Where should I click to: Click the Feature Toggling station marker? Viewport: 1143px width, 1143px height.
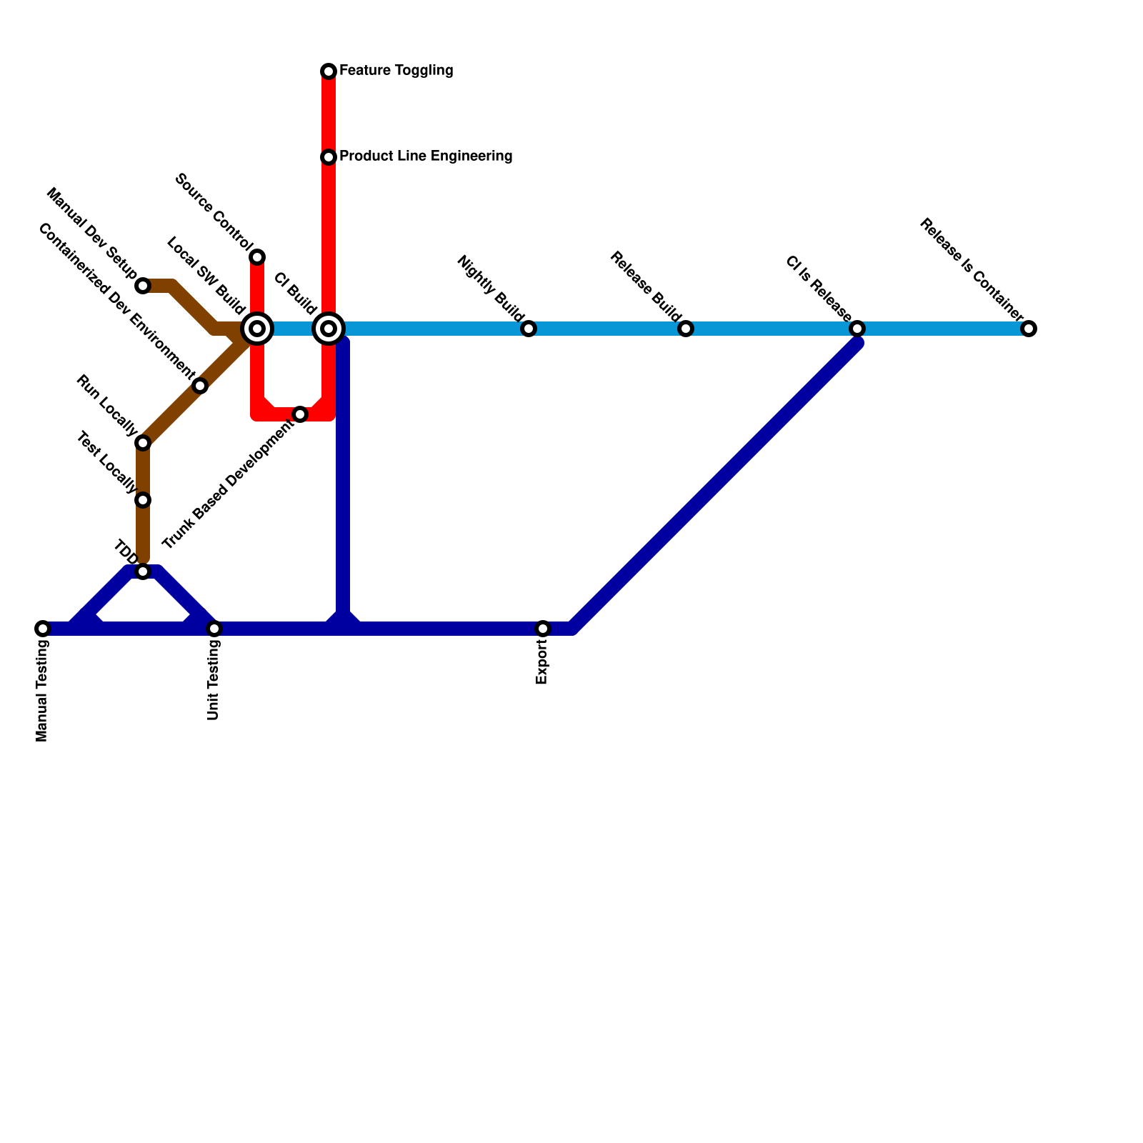pos(329,71)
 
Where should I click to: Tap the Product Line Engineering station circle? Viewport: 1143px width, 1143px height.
pos(329,156)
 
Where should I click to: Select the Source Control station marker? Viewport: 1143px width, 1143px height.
pos(257,256)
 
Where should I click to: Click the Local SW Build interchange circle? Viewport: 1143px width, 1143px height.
pos(257,329)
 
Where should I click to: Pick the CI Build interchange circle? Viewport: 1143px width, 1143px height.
pos(329,329)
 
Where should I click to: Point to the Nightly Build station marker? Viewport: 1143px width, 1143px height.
pos(529,329)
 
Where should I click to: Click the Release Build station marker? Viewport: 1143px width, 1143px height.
pos(686,329)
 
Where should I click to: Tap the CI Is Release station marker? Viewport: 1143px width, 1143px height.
pos(857,329)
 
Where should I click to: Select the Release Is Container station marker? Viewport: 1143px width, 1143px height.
pos(1029,329)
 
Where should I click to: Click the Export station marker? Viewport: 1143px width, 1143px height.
pos(543,629)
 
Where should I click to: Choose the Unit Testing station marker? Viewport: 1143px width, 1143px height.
pos(214,629)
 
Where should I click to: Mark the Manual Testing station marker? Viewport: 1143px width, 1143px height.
pos(43,629)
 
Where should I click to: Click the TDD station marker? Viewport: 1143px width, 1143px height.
pos(143,571)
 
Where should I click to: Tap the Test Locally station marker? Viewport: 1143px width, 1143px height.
pos(143,500)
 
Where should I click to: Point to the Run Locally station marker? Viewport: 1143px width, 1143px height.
pos(143,443)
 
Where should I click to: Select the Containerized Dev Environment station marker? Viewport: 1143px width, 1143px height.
pos(200,386)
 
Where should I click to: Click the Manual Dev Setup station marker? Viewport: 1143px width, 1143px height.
pos(143,286)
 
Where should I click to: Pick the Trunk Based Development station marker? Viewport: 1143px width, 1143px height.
pos(300,414)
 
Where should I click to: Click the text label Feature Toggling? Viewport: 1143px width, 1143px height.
pos(396,71)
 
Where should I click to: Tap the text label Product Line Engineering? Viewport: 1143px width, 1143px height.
pos(426,156)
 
